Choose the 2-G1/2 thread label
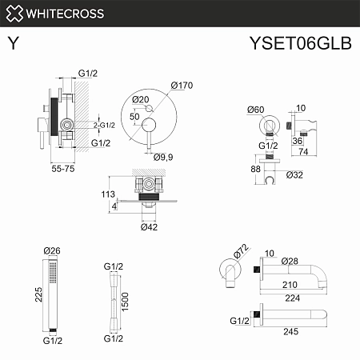click(x=106, y=125)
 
